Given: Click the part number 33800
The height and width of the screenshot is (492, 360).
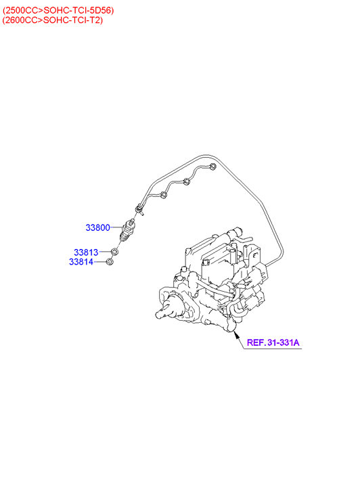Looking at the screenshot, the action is (x=97, y=227).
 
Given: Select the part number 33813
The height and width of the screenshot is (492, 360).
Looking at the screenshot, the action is (x=86, y=252).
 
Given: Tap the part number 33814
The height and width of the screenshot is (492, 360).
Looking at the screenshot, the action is (x=81, y=261).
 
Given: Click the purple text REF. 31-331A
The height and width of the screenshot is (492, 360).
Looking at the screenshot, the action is (x=273, y=342).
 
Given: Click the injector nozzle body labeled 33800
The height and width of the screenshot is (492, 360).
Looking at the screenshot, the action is (x=129, y=231).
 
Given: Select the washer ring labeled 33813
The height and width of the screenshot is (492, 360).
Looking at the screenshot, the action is (x=114, y=252).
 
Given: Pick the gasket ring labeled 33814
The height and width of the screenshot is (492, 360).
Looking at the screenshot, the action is (x=110, y=261).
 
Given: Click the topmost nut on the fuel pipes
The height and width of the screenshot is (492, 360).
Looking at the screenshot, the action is (x=212, y=166).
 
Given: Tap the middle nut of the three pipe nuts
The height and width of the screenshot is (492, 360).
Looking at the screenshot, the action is (x=187, y=181).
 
